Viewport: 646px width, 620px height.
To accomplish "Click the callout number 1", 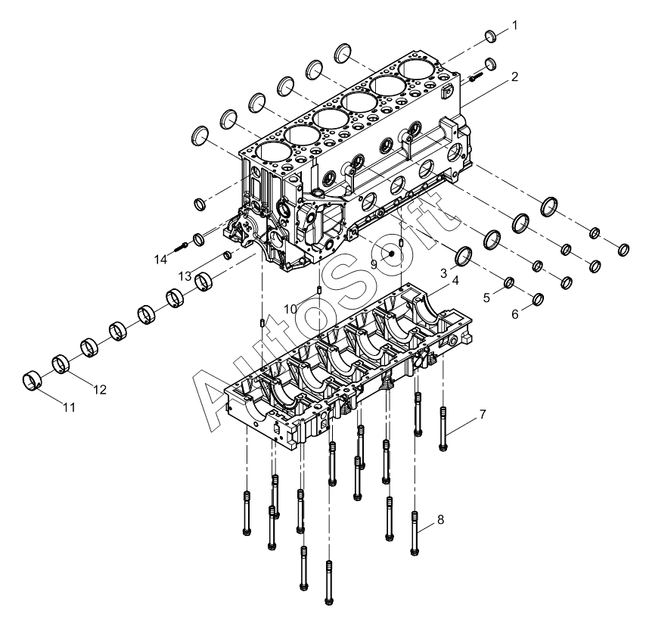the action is [514, 26].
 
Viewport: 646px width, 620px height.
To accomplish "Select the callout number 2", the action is [514, 76].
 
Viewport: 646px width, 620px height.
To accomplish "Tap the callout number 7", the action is [483, 414].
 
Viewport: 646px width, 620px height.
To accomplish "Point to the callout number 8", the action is [440, 520].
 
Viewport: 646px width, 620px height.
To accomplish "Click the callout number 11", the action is [70, 407].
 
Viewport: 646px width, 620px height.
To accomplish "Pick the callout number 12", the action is [100, 390].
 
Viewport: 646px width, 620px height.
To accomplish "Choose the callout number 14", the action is [160, 260].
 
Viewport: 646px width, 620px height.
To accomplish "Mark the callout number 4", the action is [455, 280].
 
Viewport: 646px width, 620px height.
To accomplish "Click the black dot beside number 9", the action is [391, 253].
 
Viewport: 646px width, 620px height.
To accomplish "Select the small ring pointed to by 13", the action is [228, 255].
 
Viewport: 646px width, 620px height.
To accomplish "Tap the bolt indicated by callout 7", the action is [443, 428].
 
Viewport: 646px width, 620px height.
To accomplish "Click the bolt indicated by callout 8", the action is [415, 533].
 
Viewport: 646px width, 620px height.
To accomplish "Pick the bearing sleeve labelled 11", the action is [31, 381].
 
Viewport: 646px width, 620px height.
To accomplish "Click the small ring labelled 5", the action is [509, 282].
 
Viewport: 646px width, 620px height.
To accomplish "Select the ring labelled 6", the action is [539, 299].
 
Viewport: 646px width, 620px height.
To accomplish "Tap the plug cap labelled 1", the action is [490, 36].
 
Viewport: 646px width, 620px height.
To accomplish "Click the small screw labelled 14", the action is [182, 247].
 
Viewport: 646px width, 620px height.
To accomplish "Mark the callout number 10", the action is [290, 309].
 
